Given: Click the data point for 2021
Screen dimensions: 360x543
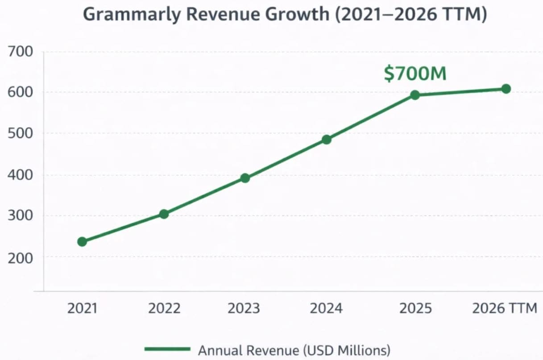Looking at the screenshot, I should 82,242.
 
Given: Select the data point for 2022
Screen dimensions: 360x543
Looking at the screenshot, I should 164,214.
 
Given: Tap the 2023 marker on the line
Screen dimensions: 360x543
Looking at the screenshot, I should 245,178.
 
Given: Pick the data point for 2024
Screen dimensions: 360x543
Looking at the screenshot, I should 327,140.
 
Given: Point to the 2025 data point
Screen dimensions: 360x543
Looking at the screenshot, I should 415,95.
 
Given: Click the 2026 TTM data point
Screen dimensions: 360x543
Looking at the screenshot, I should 506,89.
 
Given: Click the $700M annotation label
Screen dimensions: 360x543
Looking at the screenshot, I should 415,74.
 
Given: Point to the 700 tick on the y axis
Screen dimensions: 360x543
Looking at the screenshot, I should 21,52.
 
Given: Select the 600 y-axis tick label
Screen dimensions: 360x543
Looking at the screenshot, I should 21,92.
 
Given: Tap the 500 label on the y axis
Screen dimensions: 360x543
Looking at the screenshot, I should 21,133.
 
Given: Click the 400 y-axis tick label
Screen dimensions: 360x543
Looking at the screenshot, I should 21,175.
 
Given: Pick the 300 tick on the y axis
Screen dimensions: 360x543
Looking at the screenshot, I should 21,216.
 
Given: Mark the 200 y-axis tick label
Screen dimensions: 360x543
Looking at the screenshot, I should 21,257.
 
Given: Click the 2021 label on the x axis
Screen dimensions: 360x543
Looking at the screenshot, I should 82,308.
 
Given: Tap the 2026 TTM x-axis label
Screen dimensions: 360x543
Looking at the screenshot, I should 505,308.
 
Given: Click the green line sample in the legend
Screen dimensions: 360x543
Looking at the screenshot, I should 167,349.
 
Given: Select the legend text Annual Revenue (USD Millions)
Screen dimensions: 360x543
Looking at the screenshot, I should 294,350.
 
